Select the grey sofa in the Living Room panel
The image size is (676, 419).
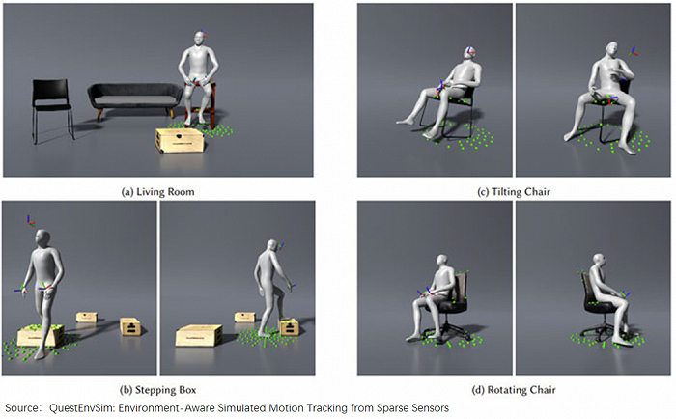[x=135, y=99]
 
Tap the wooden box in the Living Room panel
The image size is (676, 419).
[x=180, y=140]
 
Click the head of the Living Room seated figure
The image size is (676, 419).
[x=198, y=40]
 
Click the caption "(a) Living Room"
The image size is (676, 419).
[x=157, y=192]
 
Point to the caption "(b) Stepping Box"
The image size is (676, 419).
[x=157, y=390]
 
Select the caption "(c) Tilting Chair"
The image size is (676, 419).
[x=514, y=192]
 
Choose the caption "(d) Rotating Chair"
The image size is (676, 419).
[x=514, y=390]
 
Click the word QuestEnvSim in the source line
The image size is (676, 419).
[x=82, y=407]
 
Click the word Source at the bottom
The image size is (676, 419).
[x=21, y=407]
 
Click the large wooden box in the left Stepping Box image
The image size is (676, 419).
[x=41, y=336]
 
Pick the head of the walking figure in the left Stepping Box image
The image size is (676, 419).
[x=42, y=237]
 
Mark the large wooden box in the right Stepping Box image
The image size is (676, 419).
[x=199, y=336]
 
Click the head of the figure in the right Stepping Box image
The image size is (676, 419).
[x=273, y=247]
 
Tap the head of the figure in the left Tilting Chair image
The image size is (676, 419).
[x=470, y=53]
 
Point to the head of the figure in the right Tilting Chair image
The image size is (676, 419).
[x=612, y=49]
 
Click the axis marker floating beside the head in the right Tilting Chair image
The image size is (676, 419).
[x=634, y=52]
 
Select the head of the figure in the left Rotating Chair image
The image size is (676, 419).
[x=442, y=262]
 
